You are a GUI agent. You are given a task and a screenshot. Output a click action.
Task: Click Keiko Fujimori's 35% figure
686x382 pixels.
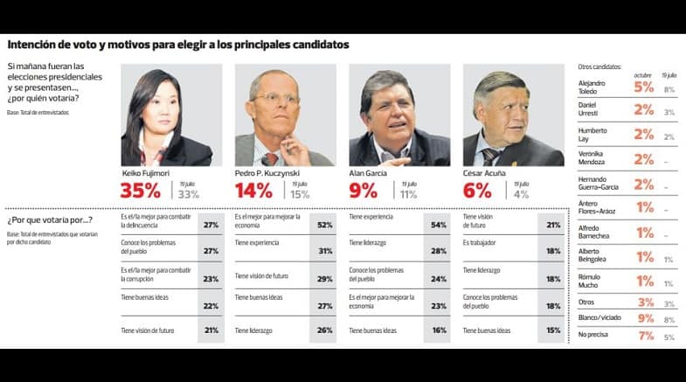(141, 190)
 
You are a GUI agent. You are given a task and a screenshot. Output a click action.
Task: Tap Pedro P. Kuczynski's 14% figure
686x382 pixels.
(254, 190)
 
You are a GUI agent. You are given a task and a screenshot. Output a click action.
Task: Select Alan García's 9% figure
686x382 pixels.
(363, 190)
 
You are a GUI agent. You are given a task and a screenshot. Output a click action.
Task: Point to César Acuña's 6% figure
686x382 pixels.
(477, 190)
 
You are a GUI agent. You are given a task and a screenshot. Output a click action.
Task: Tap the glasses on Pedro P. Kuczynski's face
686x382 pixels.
(279, 101)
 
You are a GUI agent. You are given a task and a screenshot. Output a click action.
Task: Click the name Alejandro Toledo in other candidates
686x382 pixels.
(593, 87)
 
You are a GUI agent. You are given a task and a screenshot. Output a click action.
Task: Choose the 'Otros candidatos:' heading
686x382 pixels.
(599, 67)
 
